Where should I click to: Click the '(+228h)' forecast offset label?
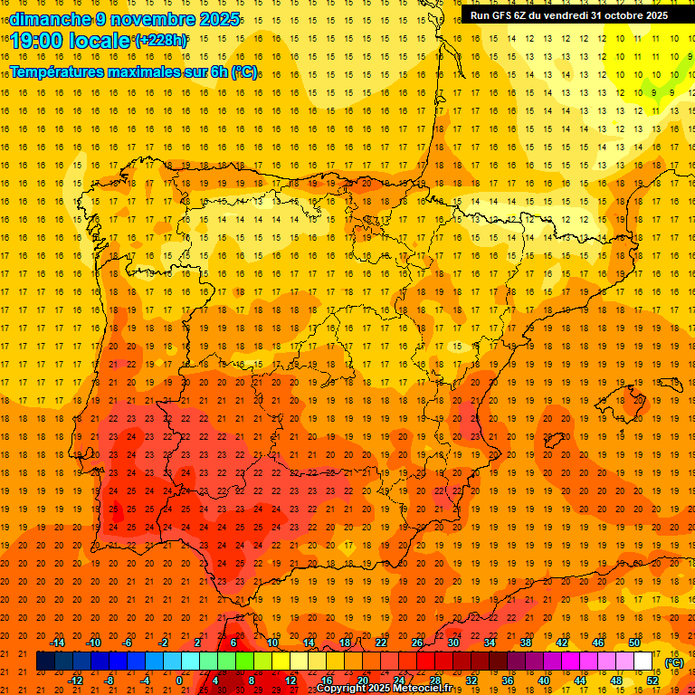pyautogui.click(x=161, y=40)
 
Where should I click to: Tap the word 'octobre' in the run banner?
pyautogui.click(x=625, y=15)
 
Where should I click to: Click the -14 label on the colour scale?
pyautogui.click(x=57, y=643)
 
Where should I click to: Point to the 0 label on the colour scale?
pyautogui.click(x=179, y=681)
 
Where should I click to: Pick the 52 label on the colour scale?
pyautogui.click(x=652, y=681)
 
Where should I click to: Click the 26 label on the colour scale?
pyautogui.click(x=417, y=643)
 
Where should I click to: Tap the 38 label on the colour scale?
pyautogui.click(x=526, y=643)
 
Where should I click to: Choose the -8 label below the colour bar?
pyautogui.click(x=109, y=681)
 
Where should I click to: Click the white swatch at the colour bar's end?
pyautogui.click(x=643, y=662)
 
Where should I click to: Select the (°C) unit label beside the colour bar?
pyautogui.click(x=674, y=662)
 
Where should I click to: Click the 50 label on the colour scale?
pyautogui.click(x=634, y=643)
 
